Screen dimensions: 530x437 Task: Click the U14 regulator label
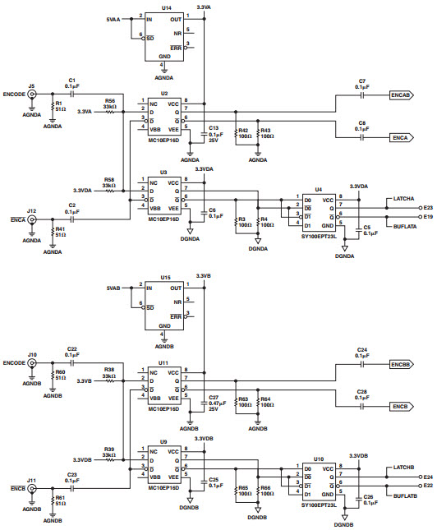[x=167, y=7]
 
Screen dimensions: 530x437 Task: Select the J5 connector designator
[x=31, y=85]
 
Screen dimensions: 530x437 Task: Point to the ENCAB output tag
[x=400, y=96]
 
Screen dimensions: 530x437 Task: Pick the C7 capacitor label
[x=361, y=81]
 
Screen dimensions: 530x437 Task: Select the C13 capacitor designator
[x=214, y=129]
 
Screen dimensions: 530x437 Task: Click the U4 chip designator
[x=318, y=188]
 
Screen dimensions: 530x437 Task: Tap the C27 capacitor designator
[x=214, y=396]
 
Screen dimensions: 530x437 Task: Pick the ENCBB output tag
[x=400, y=363]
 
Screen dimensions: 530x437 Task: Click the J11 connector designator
[x=31, y=479]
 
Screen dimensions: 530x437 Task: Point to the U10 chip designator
[x=318, y=459]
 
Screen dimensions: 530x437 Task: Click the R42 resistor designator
[x=242, y=130]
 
